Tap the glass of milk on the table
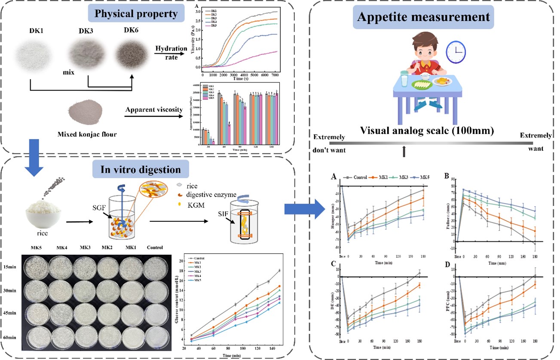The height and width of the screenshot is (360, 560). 404,80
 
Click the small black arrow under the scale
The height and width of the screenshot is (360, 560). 404,151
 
